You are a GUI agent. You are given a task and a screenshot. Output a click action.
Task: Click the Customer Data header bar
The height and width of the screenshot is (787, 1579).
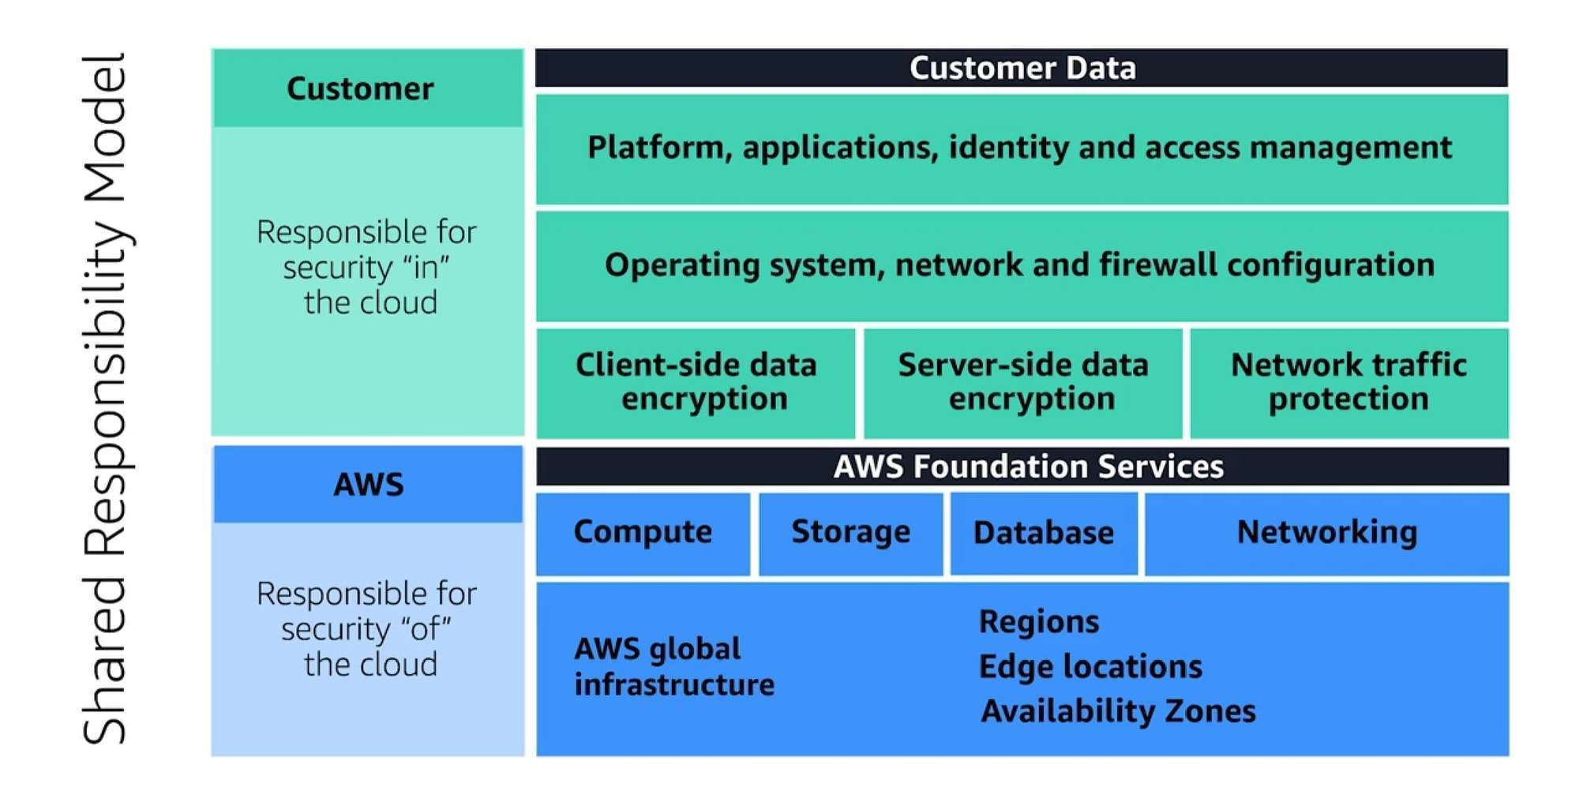click(1022, 68)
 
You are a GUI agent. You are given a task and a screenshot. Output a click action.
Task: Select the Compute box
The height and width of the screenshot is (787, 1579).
click(643, 533)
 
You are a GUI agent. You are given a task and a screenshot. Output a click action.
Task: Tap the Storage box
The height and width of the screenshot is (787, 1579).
click(850, 533)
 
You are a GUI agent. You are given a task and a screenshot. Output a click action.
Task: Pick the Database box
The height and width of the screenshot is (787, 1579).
click(1043, 534)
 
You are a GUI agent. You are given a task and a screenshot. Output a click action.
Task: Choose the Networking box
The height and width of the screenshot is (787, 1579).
click(1326, 533)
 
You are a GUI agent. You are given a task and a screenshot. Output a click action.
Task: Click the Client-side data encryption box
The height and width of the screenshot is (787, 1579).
click(696, 382)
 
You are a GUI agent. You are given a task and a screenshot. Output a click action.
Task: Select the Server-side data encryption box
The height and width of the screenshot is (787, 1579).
click(1023, 382)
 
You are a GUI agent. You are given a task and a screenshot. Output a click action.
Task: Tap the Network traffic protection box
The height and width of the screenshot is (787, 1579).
click(1348, 382)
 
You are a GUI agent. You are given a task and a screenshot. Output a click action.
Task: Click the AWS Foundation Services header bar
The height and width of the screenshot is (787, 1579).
click(1028, 467)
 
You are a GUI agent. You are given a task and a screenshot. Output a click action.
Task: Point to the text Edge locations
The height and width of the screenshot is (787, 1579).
click(1090, 667)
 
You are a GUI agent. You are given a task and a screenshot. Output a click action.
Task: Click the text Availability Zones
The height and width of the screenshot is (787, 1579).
click(1118, 712)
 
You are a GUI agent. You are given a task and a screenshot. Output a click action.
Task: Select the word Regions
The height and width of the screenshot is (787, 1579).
click(1039, 622)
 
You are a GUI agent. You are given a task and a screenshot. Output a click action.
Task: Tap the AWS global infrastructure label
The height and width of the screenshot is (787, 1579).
click(673, 667)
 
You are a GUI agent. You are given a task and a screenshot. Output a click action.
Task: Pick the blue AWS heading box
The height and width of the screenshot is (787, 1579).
click(368, 485)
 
